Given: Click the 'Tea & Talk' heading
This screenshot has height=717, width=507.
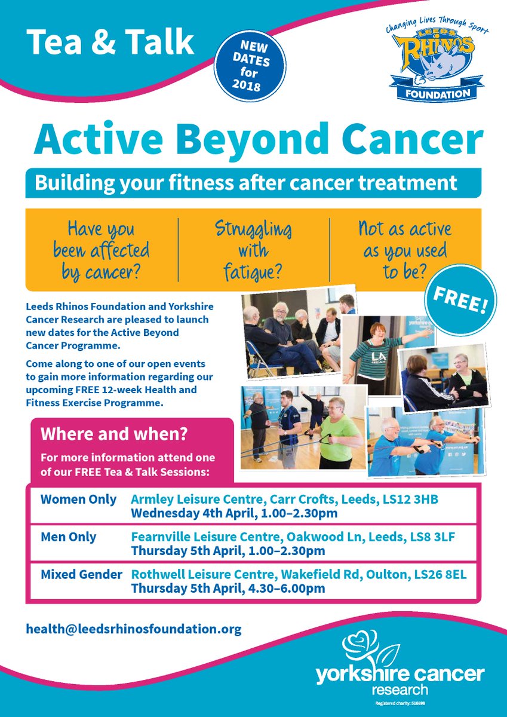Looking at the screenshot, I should coord(111,42).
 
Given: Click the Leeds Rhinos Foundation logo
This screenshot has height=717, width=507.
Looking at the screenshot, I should coord(434,57).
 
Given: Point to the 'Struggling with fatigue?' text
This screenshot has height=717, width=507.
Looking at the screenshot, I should coord(253,250).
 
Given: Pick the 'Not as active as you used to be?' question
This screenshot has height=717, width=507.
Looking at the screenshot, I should coord(404,250).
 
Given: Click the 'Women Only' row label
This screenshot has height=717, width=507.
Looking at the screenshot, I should coord(78,500).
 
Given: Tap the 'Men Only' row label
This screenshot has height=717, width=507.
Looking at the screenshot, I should coord(68,537).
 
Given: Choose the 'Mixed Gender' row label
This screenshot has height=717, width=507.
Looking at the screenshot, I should coord(81,575).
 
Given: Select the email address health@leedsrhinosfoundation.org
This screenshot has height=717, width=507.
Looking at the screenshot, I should coord(134,629).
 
